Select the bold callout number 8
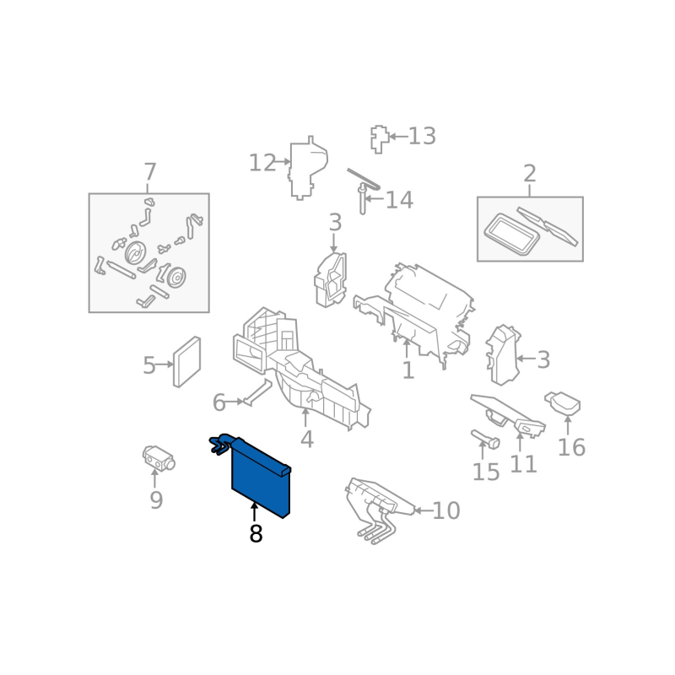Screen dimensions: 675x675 (x=256, y=534)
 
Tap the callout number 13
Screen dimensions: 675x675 (x=422, y=136)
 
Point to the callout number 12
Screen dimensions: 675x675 (x=262, y=163)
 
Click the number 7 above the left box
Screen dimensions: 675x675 (x=149, y=172)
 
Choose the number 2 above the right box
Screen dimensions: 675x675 (x=530, y=174)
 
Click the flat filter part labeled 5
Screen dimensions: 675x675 (x=186, y=362)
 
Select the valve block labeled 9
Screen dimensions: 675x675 (x=159, y=457)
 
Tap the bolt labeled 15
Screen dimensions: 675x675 (x=485, y=439)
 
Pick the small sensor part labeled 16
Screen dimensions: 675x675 (x=563, y=403)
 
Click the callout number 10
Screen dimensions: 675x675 (x=446, y=510)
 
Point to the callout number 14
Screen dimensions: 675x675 (x=399, y=200)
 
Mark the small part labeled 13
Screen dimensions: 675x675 (x=380, y=139)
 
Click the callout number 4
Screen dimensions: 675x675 (x=306, y=440)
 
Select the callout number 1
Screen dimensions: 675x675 (x=408, y=370)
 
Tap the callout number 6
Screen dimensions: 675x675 (x=219, y=403)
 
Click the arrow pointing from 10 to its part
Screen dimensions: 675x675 (x=423, y=511)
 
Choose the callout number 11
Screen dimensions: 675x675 (x=523, y=464)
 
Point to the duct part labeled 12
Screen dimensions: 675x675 (x=307, y=168)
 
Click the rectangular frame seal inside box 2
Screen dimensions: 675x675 (x=512, y=235)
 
